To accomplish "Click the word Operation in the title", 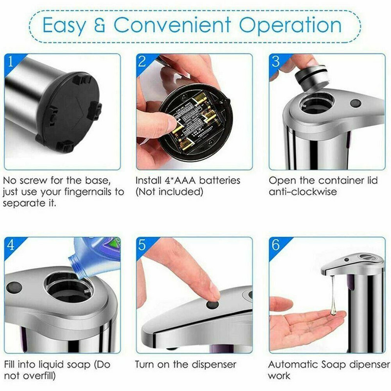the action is pyautogui.click(x=290, y=26).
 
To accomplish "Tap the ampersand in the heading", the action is pyautogui.click(x=100, y=25).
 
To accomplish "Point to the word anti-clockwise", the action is pyautogui.click(x=303, y=192).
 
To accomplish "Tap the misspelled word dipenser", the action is pyautogui.click(x=369, y=365).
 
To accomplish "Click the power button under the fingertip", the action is pyautogui.click(x=213, y=304).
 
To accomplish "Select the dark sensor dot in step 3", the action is pyautogui.click(x=356, y=103).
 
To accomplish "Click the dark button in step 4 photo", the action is pyautogui.click(x=14, y=288).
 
